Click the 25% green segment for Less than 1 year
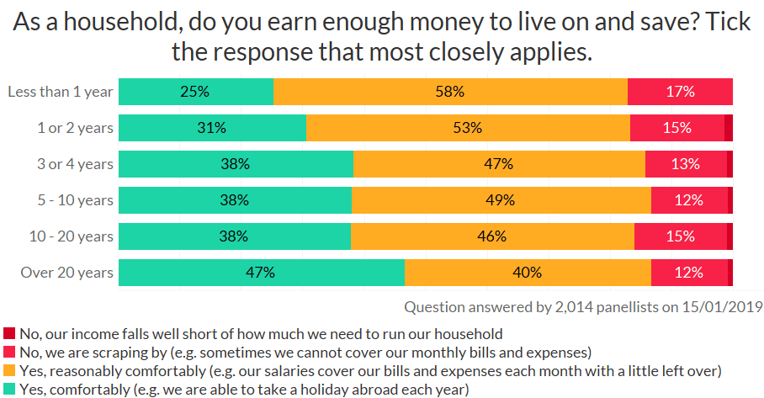(196, 92)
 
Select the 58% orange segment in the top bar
(450, 92)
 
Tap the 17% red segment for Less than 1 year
(680, 92)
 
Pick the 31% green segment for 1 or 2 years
(212, 128)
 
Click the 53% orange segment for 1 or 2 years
(468, 128)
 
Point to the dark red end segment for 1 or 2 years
(729, 128)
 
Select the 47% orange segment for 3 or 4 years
(499, 164)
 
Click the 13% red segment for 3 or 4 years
(686, 164)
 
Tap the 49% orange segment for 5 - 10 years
(501, 200)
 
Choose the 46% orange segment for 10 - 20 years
(492, 236)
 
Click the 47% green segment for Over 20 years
(262, 273)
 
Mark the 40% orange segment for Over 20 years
(528, 273)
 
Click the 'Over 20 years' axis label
(66, 273)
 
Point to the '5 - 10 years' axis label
(72, 200)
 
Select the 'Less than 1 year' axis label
(60, 92)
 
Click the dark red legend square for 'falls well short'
(9, 334)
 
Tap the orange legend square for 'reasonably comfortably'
(9, 370)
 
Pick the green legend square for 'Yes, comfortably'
(9, 389)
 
